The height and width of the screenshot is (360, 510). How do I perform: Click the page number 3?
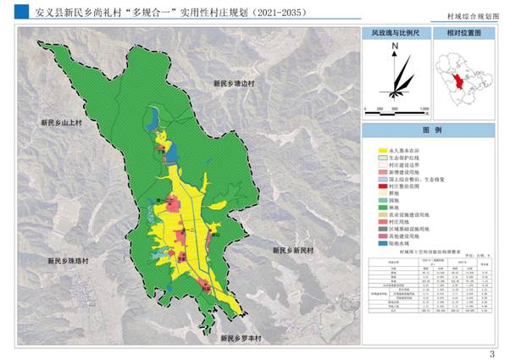(x=491, y=353)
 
